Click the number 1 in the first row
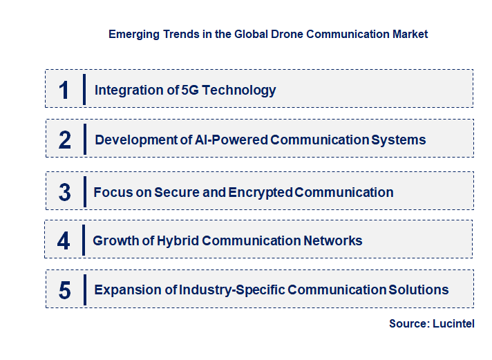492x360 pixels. point(64,90)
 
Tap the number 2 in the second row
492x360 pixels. point(65,140)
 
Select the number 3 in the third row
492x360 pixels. point(65,192)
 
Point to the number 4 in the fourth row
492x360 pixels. point(64,240)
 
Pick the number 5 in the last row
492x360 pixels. point(65,290)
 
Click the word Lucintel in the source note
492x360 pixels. point(454,323)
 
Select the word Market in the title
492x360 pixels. point(410,34)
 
